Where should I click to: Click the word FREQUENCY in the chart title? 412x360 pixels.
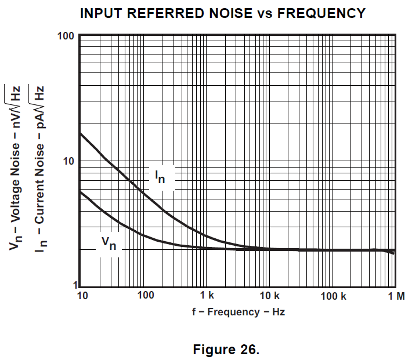[321, 13]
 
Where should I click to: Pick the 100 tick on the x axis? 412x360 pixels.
[146, 296]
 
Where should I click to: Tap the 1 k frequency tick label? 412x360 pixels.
[207, 296]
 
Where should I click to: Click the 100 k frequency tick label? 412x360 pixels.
[333, 296]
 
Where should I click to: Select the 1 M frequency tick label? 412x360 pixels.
[396, 296]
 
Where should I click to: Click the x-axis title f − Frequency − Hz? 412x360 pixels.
[238, 312]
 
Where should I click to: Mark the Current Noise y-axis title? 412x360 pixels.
[39, 168]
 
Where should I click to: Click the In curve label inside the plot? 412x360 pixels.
[160, 176]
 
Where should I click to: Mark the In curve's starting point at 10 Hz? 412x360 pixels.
[80, 133]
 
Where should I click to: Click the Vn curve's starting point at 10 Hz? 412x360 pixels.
[80, 191]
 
